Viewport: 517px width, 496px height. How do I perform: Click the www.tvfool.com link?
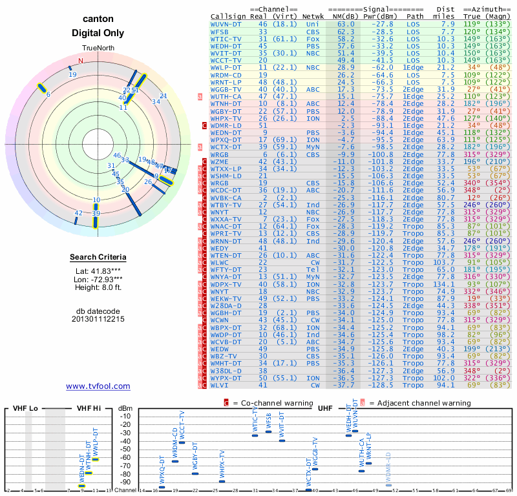point(98,386)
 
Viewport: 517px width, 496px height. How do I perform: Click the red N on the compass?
point(81,61)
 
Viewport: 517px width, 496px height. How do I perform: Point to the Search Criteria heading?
point(98,258)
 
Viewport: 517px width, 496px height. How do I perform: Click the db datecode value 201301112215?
point(98,319)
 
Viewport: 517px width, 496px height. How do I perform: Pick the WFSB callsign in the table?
point(220,31)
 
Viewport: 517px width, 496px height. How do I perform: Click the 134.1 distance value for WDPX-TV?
point(444,284)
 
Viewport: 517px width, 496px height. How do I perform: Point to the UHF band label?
point(325,408)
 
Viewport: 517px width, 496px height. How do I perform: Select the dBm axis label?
point(125,408)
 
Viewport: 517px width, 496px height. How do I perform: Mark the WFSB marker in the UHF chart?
point(268,431)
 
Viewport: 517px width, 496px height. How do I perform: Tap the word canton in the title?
point(98,19)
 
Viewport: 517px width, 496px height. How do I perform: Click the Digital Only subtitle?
point(98,33)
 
